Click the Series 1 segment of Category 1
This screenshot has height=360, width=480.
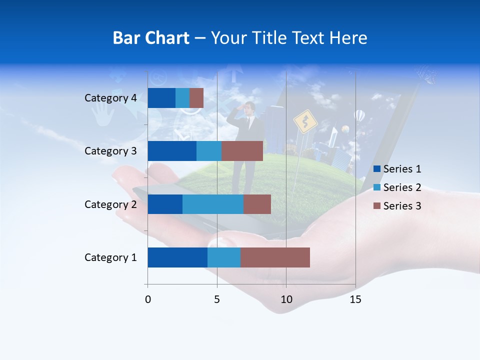(177, 257)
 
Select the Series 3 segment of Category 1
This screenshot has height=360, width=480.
(275, 257)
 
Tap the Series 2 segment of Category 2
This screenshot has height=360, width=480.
(213, 204)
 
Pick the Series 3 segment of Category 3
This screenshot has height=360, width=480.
(242, 151)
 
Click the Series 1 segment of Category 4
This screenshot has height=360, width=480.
(161, 98)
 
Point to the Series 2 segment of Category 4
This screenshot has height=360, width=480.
(182, 98)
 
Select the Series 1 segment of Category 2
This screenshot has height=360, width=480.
(165, 204)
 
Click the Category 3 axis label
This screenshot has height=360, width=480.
(110, 151)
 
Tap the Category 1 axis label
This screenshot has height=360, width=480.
(110, 257)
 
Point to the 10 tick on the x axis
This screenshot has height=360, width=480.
(286, 299)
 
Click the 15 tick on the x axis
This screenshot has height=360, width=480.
(355, 299)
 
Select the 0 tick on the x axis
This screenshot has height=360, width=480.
(148, 299)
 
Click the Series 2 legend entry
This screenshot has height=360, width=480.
(402, 187)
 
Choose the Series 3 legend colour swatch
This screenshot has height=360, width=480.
(377, 206)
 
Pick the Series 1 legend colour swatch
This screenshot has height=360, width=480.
(377, 169)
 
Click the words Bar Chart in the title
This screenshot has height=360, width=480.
(151, 38)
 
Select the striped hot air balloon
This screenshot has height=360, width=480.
(359, 116)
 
